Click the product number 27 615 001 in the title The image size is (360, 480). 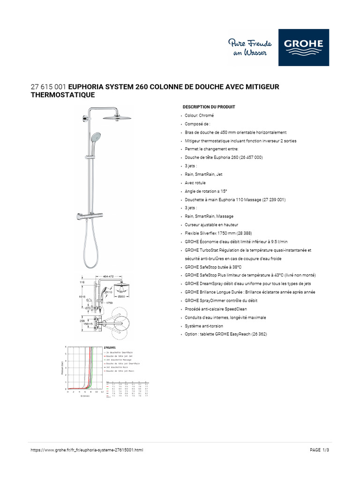49,87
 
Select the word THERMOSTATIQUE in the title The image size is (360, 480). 62,95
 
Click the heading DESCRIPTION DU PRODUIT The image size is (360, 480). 209,107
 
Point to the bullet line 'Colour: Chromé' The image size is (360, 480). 199,115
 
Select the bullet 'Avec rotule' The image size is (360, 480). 195,183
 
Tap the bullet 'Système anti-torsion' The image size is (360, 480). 204,326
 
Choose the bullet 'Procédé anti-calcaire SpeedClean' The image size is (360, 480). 216,309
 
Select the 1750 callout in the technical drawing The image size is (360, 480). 110,303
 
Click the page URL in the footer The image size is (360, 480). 87,450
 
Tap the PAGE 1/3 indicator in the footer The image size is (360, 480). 323,450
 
